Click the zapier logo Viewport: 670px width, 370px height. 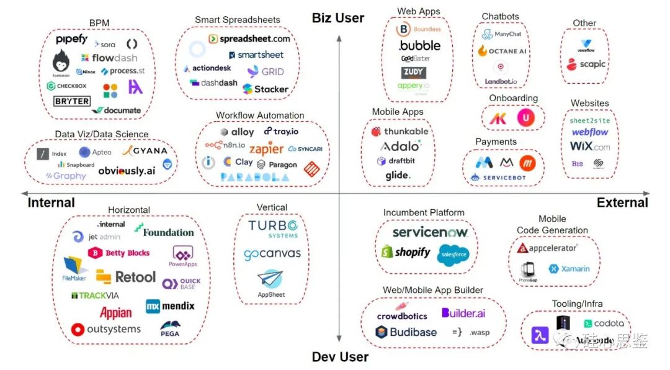click(x=266, y=150)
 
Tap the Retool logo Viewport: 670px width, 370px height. click(x=127, y=276)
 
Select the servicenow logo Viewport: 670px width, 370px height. click(x=430, y=232)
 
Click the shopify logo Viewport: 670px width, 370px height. click(x=405, y=252)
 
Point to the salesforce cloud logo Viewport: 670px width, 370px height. click(x=453, y=255)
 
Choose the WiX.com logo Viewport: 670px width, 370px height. click(x=590, y=147)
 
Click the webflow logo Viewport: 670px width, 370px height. click(x=590, y=132)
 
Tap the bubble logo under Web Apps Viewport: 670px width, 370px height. click(x=419, y=45)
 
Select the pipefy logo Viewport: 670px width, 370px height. click(x=71, y=40)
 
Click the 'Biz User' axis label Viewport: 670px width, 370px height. click(x=338, y=18)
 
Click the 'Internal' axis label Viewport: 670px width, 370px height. click(x=51, y=202)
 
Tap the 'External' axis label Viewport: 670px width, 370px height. click(x=622, y=202)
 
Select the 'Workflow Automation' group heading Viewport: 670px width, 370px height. click(x=260, y=115)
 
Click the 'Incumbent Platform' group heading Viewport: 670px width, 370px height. click(x=424, y=212)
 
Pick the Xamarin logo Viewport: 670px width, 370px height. click(x=569, y=269)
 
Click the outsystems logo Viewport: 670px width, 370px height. click(x=106, y=329)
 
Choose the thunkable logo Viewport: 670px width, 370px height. click(x=400, y=132)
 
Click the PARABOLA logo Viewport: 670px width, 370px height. click(x=254, y=177)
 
